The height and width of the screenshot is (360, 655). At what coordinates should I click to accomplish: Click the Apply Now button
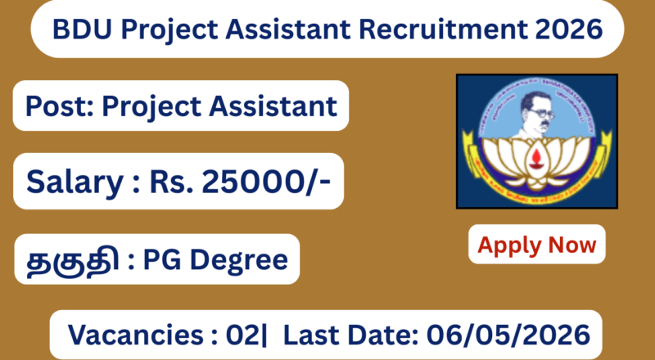point(537,244)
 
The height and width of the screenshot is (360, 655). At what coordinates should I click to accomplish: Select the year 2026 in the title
point(571,31)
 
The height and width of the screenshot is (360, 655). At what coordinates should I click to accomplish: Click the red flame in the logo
point(536,155)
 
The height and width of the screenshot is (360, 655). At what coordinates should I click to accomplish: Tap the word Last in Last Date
point(314,335)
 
